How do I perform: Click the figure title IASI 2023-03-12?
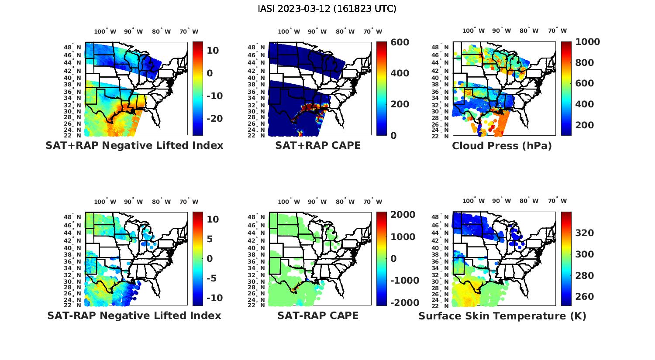[x=327, y=9]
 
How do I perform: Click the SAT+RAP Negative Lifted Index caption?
[x=134, y=145]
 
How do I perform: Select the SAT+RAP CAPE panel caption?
[x=318, y=145]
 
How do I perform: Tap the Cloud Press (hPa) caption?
[x=502, y=146]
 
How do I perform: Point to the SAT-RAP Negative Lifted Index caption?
[x=134, y=315]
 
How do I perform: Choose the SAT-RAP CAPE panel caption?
[x=318, y=315]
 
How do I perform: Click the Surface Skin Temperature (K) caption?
[x=502, y=316]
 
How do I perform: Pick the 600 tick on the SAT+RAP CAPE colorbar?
[x=400, y=42]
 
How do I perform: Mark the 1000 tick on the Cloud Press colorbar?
[x=587, y=42]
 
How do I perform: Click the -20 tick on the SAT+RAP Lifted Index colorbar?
[x=214, y=119]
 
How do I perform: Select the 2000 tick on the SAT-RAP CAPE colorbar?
[x=403, y=215]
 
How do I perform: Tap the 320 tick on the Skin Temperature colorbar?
[x=585, y=233]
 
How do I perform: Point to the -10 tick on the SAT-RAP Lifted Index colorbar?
[x=214, y=298]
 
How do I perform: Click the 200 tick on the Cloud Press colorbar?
[x=584, y=125]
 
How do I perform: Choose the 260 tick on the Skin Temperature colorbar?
[x=585, y=297]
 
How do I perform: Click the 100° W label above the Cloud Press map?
[x=474, y=31]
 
